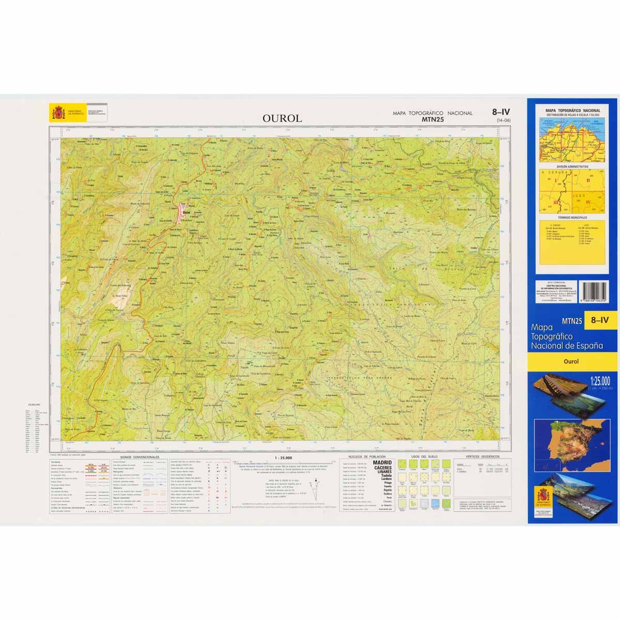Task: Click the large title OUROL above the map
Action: coord(282,118)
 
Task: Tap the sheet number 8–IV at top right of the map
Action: coord(501,112)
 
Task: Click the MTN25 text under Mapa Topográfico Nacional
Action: coord(432,119)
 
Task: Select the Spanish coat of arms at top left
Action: coord(56,112)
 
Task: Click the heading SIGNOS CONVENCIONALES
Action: coord(139,457)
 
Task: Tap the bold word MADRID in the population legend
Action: coord(382,463)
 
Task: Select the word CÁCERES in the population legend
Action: coord(382,468)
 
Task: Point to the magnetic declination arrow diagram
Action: coord(313,489)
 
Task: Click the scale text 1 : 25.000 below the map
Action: coord(284,458)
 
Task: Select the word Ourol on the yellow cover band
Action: coord(571,362)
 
